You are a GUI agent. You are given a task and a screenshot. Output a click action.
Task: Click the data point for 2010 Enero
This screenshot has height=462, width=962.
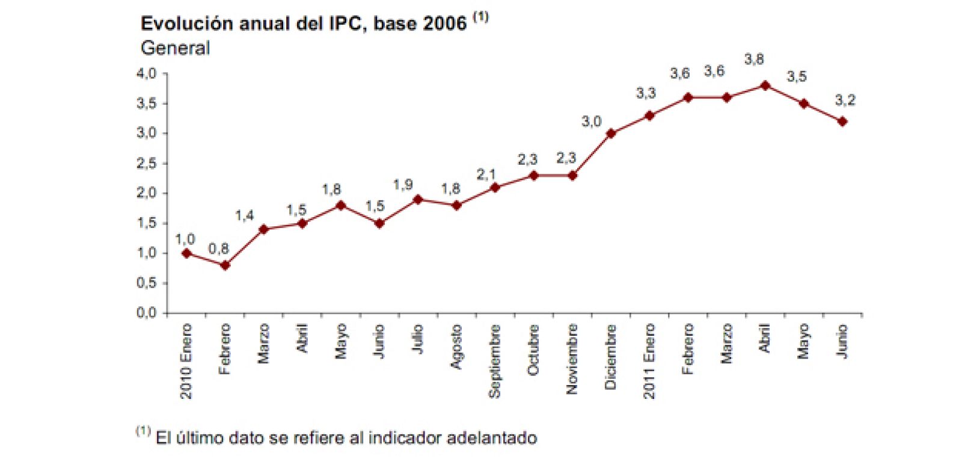[x=186, y=253]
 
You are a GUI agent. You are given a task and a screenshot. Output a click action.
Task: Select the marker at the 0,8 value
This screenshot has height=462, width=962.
[x=225, y=265]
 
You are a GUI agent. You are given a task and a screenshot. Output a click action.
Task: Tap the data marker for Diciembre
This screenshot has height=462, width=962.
[x=611, y=134]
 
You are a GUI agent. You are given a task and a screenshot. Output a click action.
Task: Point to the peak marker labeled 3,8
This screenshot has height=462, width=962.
[x=765, y=85]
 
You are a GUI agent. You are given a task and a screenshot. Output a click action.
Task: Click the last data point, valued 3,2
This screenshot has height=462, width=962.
[x=842, y=122]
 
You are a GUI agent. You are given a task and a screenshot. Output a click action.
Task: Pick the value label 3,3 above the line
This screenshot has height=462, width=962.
[x=646, y=93]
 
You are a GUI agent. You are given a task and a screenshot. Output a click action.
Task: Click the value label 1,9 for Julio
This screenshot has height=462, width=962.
[x=403, y=185]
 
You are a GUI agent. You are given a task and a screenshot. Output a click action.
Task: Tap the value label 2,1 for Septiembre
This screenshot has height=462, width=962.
[x=486, y=174]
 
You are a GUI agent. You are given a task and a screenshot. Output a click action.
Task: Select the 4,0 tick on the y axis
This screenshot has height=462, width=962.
[x=146, y=73]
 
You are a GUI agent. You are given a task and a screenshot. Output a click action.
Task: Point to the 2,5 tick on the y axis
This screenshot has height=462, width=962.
[x=146, y=164]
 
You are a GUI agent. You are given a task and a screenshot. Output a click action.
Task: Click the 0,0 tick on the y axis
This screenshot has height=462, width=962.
[x=146, y=313]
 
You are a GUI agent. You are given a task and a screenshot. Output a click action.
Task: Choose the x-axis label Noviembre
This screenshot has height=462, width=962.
[x=572, y=359]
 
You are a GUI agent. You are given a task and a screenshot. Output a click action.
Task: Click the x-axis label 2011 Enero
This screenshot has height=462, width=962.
[x=649, y=361]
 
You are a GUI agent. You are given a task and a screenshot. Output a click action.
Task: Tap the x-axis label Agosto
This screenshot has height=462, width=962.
[x=456, y=346]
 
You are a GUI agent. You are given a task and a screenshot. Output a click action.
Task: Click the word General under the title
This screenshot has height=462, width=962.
[x=175, y=48]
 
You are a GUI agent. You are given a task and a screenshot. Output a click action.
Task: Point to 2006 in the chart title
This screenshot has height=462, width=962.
[x=444, y=23]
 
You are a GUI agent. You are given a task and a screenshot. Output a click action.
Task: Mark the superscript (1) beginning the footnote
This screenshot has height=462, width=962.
[x=143, y=431]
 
